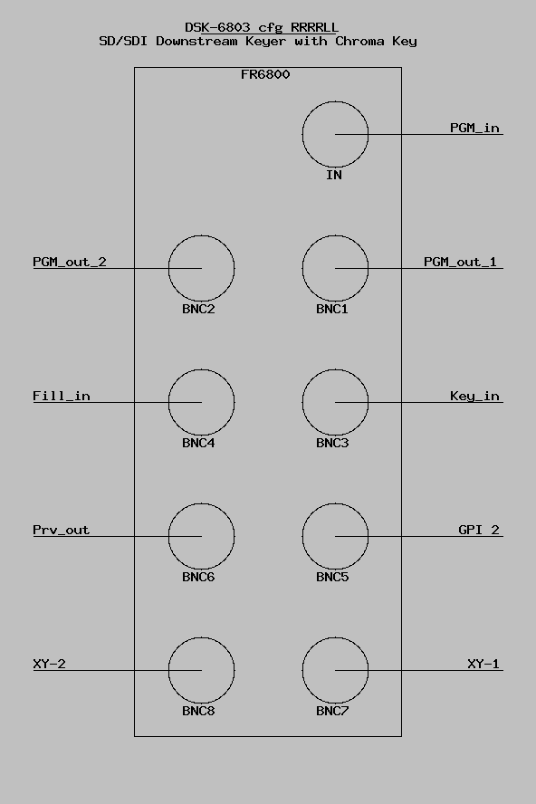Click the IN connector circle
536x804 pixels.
302,134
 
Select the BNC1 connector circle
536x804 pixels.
302,268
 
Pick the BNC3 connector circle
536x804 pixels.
302,402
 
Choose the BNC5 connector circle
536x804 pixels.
302,536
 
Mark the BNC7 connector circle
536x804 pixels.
302,670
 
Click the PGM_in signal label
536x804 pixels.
474,129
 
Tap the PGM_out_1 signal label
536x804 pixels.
460,262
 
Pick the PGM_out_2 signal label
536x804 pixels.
70,262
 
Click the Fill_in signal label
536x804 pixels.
62,396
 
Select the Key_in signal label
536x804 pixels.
474,396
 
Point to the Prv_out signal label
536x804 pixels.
61,530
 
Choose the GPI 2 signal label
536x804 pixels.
479,530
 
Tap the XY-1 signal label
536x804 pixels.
483,664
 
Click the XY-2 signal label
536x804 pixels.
49,664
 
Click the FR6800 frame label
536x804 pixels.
265,74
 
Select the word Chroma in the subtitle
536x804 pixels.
359,41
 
